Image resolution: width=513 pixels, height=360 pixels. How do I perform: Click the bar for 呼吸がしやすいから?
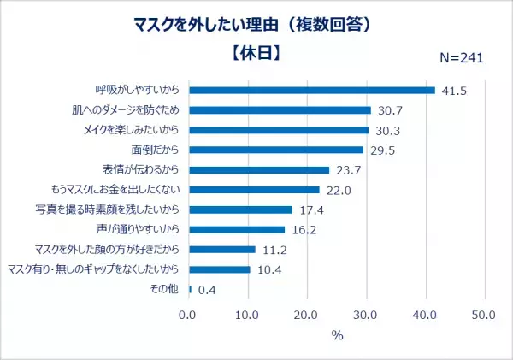click(311, 90)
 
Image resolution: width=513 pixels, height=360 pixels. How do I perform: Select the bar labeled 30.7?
click(280, 109)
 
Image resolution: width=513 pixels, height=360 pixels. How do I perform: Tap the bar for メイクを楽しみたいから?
click(278, 130)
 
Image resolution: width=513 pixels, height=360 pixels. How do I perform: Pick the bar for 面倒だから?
click(275, 150)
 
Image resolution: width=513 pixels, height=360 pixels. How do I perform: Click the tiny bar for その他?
click(190, 289)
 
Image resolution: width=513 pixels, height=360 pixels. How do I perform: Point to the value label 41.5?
click(454, 91)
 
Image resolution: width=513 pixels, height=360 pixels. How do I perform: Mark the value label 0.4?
click(206, 290)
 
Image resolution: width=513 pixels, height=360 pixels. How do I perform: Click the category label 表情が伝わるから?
click(137, 169)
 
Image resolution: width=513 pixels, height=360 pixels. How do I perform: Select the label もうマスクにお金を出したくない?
click(115, 190)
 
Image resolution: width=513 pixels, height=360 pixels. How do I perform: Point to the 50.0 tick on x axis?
click(484, 313)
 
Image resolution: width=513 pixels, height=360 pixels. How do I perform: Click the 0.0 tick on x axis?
click(188, 313)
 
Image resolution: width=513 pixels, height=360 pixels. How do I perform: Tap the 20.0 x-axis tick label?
click(306, 313)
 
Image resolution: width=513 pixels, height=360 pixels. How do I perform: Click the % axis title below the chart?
click(336, 335)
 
